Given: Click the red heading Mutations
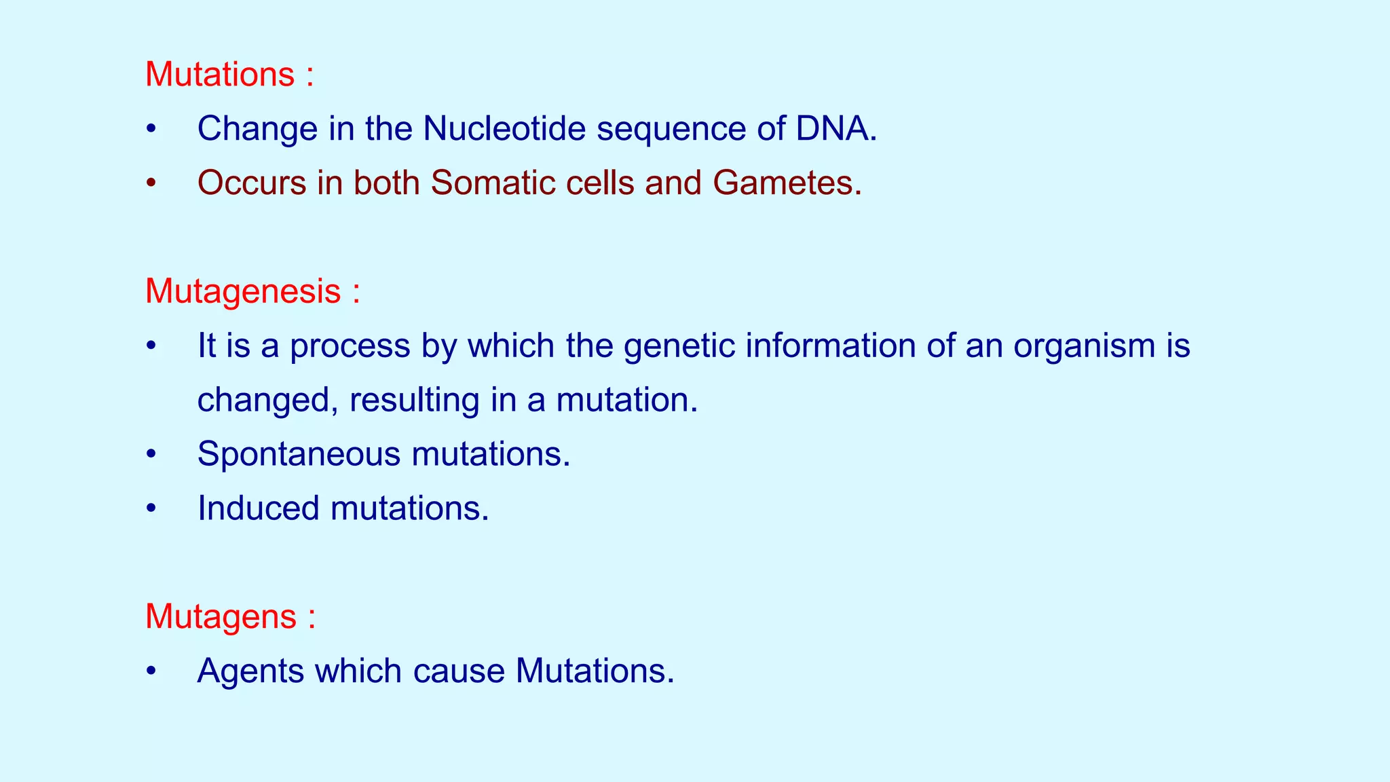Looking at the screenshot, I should tap(220, 74).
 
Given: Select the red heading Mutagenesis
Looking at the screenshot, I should tap(243, 291).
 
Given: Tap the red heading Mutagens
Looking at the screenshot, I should tap(221, 617).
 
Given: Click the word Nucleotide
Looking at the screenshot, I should tap(504, 128).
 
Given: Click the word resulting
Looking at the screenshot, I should tap(414, 401).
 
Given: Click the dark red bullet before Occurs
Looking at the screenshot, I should tap(151, 183).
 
